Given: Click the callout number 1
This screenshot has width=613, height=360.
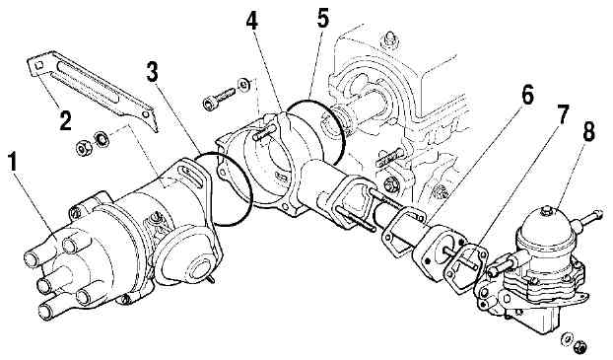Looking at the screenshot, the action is point(13,163).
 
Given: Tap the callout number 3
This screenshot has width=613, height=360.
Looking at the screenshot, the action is point(153,72).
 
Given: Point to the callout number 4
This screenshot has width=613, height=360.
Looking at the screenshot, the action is point(252,21).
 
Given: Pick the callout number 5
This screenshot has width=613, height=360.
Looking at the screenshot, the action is point(323,17).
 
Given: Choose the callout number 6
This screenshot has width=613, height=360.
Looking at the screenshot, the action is point(527,96).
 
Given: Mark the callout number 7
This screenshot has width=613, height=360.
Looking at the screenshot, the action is point(562,114).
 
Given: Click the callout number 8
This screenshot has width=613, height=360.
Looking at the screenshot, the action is point(588,131).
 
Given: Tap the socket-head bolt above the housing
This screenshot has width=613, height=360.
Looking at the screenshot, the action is point(219,98).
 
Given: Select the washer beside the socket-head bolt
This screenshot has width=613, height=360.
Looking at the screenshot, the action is point(244,84).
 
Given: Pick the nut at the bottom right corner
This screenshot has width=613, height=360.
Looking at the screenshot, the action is point(580,347).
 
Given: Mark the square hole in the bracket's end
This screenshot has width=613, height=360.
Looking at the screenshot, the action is point(37,66).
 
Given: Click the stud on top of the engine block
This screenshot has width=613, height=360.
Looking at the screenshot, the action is point(389,39).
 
